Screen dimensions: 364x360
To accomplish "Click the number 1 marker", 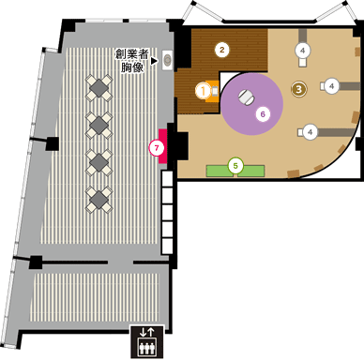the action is pos(204,90).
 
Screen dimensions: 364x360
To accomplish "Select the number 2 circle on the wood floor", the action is pos(222,49).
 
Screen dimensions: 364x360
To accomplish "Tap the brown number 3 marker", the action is pos(299,89).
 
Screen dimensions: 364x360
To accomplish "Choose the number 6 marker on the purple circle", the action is pos(264,113).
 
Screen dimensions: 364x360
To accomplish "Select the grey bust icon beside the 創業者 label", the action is pos(169,59).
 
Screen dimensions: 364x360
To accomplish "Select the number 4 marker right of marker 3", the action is pos(332,85).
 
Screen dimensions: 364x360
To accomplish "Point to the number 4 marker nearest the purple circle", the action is pos(311,131).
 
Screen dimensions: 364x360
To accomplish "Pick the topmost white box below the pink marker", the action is pos(168,187).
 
